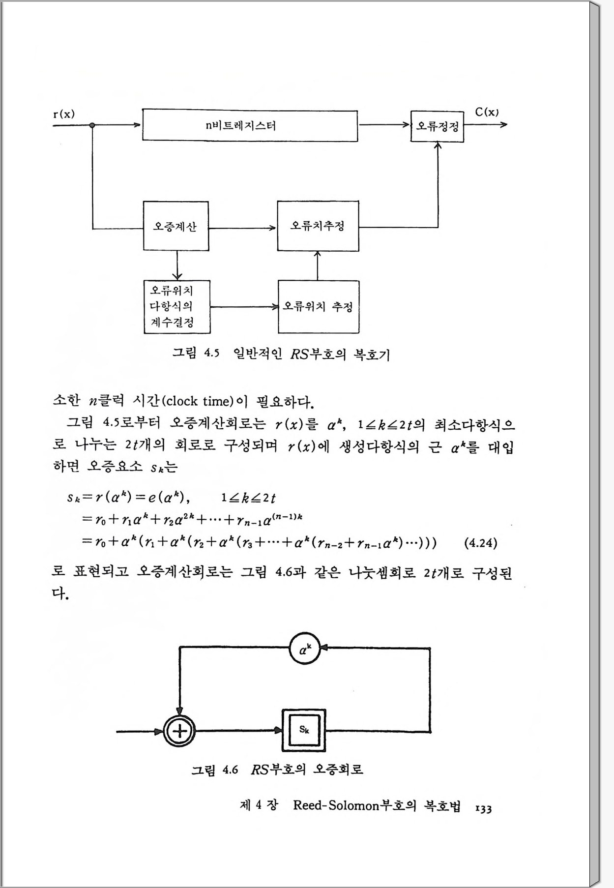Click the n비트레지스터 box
(250, 125)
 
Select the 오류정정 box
(437, 126)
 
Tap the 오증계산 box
(175, 226)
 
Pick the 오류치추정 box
(318, 226)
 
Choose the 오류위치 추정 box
(318, 307)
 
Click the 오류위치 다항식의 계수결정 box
(176, 307)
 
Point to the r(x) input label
(64, 114)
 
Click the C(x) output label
(487, 112)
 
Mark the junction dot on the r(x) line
(92, 125)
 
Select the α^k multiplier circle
(305, 650)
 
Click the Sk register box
(304, 730)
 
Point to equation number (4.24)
(480, 543)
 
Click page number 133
(484, 808)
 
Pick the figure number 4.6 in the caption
(230, 770)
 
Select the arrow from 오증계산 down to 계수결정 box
(177, 266)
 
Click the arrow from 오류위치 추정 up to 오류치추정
(318, 266)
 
